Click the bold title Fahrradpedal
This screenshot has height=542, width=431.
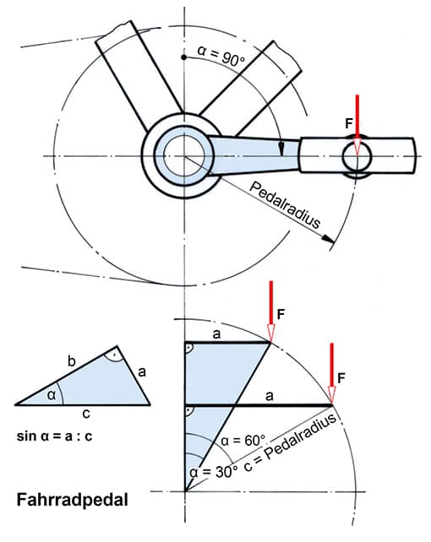coord(73,500)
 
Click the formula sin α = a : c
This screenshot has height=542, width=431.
coord(55,436)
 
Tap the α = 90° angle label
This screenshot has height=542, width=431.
coord(221,57)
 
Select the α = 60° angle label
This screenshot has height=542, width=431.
coord(243,441)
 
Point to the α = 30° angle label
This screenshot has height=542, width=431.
coord(214,472)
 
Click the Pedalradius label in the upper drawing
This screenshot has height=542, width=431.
coord(285,205)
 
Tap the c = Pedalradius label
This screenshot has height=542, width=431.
coord(290,442)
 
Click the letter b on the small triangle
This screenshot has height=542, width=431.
coord(71,361)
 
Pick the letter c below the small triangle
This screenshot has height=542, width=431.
coord(86,414)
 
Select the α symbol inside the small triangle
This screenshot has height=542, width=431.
coord(52,395)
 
